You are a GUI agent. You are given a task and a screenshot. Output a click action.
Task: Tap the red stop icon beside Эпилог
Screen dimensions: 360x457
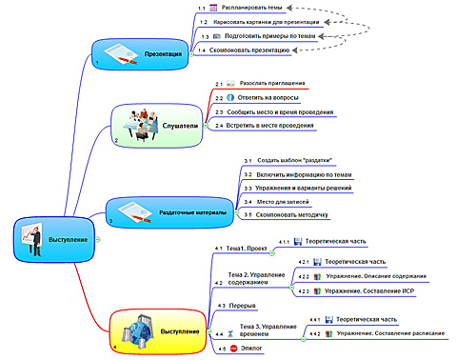(x=231, y=350)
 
